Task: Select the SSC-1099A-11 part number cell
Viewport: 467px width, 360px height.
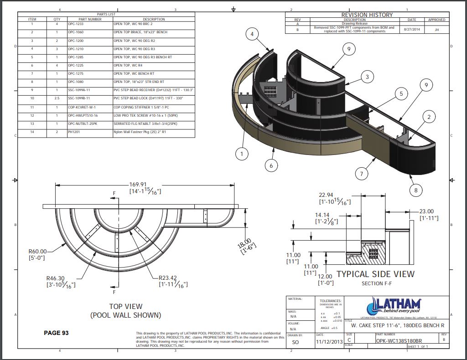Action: click(x=79, y=90)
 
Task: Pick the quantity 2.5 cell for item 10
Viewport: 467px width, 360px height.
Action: click(x=57, y=98)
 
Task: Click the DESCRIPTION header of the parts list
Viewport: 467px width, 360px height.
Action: click(x=154, y=19)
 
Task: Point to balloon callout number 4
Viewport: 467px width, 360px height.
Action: click(x=252, y=34)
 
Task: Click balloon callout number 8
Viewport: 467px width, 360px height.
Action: click(x=415, y=190)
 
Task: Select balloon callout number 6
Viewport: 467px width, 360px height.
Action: click(x=271, y=165)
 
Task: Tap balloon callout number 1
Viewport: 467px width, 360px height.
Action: click(x=242, y=154)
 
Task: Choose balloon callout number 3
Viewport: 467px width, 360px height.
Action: click(x=367, y=77)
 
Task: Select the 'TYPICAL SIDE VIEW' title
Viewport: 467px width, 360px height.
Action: click(x=375, y=274)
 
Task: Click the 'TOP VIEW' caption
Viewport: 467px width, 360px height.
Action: click(x=125, y=307)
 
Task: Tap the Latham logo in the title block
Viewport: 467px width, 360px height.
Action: click(x=396, y=305)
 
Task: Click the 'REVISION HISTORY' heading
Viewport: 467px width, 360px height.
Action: click(x=367, y=15)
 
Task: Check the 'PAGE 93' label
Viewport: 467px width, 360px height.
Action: click(x=56, y=333)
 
